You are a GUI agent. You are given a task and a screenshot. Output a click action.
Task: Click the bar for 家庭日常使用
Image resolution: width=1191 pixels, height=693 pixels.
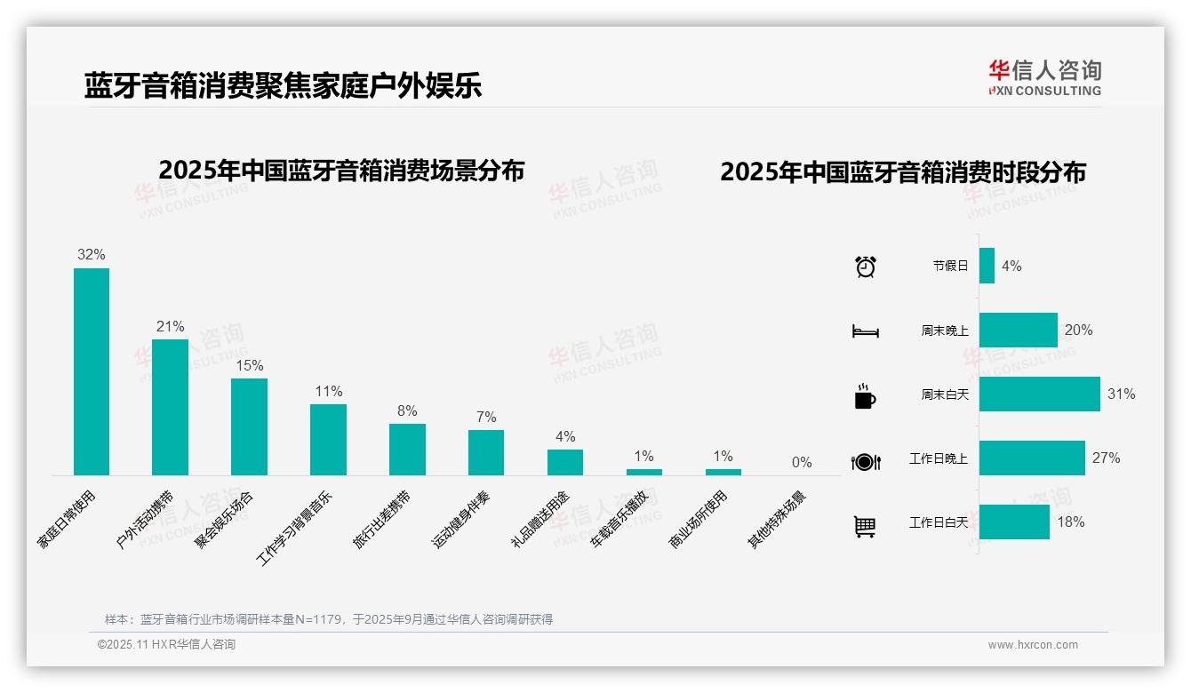pyautogui.click(x=92, y=371)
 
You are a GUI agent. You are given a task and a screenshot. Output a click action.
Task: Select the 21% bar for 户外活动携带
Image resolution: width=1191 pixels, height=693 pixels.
pyautogui.click(x=170, y=407)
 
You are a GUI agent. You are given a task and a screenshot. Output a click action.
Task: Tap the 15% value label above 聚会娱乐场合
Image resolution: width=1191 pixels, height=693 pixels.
pyautogui.click(x=249, y=366)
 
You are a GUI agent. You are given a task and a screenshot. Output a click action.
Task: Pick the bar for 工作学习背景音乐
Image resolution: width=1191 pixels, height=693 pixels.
pyautogui.click(x=328, y=440)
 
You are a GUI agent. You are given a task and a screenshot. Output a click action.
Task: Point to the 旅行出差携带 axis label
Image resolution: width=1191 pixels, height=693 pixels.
pyautogui.click(x=383, y=519)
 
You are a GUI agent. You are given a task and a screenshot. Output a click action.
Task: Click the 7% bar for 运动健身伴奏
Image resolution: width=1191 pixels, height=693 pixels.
pyautogui.click(x=486, y=453)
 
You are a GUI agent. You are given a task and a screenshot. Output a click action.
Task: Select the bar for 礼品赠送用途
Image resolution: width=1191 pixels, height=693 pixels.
pyautogui.click(x=565, y=463)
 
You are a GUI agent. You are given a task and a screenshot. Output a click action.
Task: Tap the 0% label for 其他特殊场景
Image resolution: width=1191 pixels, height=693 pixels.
pyautogui.click(x=802, y=463)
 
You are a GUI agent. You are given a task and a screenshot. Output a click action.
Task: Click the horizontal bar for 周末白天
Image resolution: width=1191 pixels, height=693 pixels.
pyautogui.click(x=1039, y=394)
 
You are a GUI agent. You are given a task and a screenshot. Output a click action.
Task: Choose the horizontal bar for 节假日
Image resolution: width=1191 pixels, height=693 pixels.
pyautogui.click(x=987, y=266)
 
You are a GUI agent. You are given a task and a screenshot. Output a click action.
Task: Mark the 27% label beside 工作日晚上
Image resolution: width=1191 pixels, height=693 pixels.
pyautogui.click(x=1106, y=458)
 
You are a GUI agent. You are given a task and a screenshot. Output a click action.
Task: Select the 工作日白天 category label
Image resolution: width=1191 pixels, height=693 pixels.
pyautogui.click(x=939, y=522)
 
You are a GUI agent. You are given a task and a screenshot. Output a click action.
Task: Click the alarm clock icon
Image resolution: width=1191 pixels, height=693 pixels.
pyautogui.click(x=866, y=267)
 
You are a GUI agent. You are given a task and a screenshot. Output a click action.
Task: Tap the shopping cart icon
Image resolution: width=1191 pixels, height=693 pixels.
pyautogui.click(x=865, y=527)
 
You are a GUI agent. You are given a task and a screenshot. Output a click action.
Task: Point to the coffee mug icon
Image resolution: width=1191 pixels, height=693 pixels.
pyautogui.click(x=865, y=396)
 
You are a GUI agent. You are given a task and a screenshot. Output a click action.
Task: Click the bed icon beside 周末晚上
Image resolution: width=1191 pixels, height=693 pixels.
pyautogui.click(x=866, y=331)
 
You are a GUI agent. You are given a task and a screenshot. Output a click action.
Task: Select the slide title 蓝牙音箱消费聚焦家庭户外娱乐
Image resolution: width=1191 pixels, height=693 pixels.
pyautogui.click(x=283, y=86)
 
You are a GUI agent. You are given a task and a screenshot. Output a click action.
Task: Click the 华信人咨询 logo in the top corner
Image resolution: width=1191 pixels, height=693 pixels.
pyautogui.click(x=1044, y=78)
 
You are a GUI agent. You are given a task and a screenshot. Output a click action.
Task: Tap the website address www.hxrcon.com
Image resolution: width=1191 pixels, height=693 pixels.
pyautogui.click(x=1033, y=645)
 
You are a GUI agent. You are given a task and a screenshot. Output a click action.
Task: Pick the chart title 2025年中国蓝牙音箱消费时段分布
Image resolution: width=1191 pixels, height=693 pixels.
pyautogui.click(x=903, y=172)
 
